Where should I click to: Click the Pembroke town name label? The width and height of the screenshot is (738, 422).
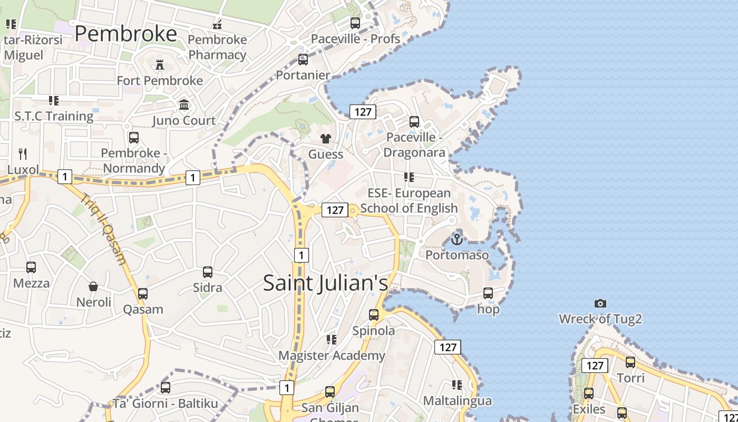125,34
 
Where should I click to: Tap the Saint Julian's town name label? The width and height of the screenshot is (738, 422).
325,283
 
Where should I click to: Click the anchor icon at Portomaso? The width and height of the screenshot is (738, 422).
457,239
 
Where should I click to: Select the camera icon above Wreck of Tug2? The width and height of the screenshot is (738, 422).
600,303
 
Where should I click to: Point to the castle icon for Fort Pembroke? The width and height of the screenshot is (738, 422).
160,65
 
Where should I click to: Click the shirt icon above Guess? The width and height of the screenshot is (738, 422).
326,139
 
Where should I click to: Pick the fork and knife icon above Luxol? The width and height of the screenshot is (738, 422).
23,154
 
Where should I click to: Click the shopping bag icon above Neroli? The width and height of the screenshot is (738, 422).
93,286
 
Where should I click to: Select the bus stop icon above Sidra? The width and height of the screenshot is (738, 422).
208,272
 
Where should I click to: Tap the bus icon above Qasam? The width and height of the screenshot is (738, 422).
143,294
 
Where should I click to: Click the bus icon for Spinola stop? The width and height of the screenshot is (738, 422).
374,315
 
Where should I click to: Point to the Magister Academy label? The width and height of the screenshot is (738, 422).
332,356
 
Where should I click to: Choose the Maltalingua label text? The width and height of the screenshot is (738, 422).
457,401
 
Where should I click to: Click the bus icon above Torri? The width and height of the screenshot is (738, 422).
630,362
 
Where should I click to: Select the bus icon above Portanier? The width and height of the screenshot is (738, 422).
303,60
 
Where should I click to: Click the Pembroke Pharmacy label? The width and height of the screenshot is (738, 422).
217,47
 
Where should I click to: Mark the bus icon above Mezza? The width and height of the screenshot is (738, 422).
31,267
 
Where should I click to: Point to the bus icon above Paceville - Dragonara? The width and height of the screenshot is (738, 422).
414,122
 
